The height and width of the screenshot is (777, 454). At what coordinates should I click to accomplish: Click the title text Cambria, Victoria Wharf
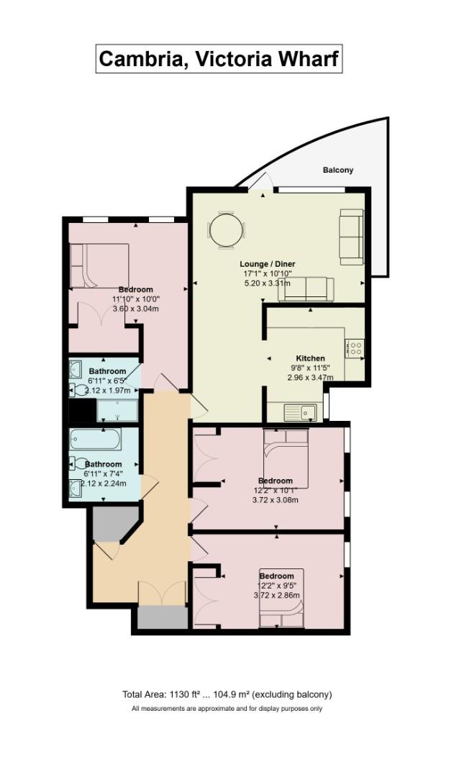(219, 58)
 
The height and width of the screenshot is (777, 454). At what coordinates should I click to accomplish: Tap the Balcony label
(337, 171)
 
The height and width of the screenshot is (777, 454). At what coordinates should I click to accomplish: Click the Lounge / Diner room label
(268, 264)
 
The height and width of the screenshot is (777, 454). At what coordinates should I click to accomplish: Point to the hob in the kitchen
(355, 349)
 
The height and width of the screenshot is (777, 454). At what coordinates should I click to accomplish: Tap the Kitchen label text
(310, 358)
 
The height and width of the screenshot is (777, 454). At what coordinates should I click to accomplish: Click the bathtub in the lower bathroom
(96, 440)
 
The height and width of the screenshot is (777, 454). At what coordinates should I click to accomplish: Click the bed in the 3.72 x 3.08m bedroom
(286, 457)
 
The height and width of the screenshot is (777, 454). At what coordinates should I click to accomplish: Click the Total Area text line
(227, 694)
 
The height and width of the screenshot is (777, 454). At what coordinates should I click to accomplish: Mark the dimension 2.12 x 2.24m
(104, 483)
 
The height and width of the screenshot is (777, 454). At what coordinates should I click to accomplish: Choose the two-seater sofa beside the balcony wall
(351, 236)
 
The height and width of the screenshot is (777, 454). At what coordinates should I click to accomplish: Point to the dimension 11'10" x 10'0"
(135, 299)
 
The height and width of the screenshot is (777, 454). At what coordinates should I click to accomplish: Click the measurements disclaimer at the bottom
(227, 709)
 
